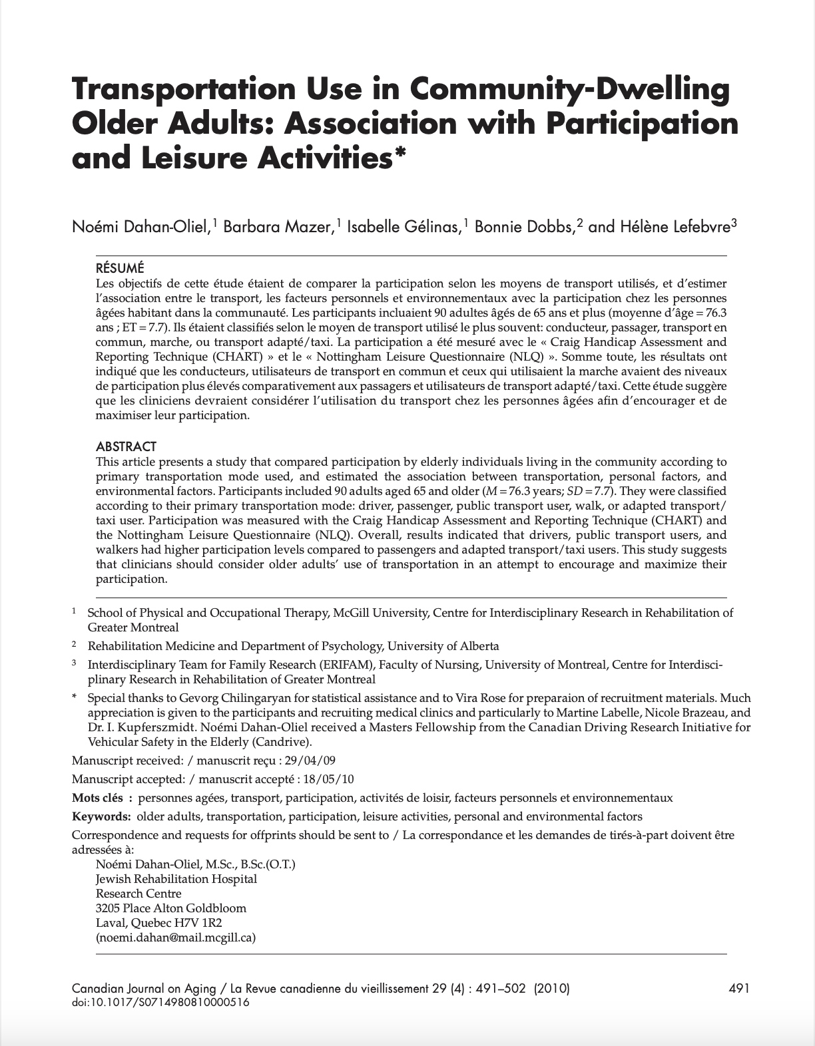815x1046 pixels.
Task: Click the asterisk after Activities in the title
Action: (x=400, y=155)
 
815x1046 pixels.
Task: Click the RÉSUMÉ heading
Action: (x=120, y=269)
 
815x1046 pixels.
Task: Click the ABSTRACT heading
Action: (x=126, y=446)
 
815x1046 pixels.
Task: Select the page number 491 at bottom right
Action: (x=740, y=989)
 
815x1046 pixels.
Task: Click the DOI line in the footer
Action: (x=160, y=1002)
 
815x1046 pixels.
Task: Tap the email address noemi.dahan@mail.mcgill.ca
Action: (x=176, y=938)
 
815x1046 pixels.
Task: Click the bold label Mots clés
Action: (x=101, y=798)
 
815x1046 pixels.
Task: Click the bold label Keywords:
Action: (x=101, y=816)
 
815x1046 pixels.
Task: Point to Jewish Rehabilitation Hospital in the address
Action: (x=176, y=879)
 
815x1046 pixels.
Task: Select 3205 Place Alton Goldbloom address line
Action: (x=171, y=908)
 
